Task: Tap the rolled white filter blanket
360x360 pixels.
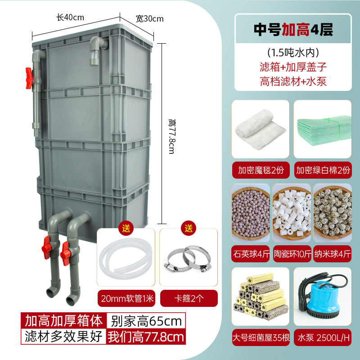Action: point(258,128)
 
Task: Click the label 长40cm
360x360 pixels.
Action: point(70,18)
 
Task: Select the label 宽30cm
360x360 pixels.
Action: point(149,18)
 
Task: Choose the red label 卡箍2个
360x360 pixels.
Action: point(189,297)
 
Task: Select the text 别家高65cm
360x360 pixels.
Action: point(146,321)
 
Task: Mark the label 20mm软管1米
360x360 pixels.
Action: point(126,297)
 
